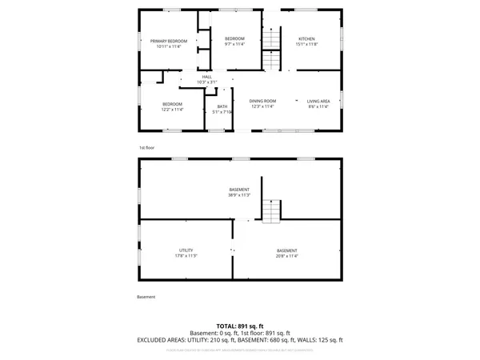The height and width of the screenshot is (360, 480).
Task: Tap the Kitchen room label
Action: pos(307,39)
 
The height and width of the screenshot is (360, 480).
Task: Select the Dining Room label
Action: pos(262,101)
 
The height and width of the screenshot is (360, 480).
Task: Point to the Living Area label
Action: pos(318,101)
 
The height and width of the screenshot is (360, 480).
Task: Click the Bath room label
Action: pos(222,106)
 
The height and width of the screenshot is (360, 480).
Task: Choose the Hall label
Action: pos(206,77)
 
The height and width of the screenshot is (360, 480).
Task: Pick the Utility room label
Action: pos(186,250)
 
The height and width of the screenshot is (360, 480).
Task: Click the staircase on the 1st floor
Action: pos(274,39)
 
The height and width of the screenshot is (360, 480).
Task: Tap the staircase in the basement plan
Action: pos(273,211)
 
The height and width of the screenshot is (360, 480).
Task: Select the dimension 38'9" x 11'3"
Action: pos(239,194)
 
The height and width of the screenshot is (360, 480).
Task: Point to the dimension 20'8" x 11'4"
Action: pos(286,256)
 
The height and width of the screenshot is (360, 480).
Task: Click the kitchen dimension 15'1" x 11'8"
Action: pos(307,45)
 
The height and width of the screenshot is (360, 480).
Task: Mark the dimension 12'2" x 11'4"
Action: pos(173,110)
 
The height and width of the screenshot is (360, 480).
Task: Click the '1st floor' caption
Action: pos(146,148)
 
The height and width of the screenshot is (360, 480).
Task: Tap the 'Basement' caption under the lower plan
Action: pos(146,297)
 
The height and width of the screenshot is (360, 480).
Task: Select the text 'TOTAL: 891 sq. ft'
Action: pos(239,326)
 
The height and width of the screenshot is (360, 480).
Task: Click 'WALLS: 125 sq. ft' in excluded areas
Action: pos(319,340)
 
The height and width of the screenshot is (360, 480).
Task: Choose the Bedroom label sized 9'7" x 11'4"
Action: pos(234,39)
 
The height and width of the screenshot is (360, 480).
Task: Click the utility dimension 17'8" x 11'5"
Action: pos(186,256)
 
